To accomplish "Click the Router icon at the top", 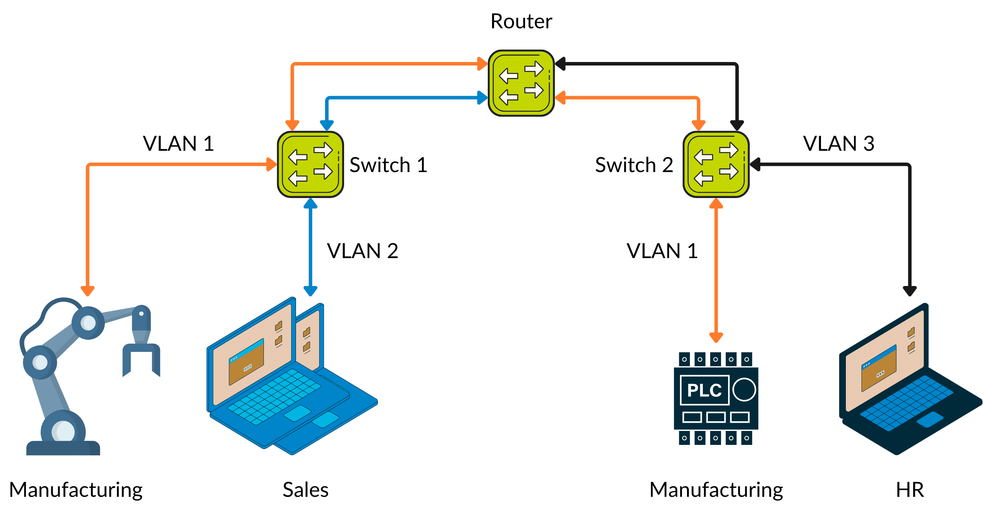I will pos(521,83).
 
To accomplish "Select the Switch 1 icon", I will pos(310,164).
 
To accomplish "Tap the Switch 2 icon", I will pos(716,164).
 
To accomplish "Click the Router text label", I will pos(521,21).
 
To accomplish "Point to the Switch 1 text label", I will pos(388,165).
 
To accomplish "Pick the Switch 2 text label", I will pos(634,165).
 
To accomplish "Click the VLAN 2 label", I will pos(362,251).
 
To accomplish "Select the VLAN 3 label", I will pos(838,144).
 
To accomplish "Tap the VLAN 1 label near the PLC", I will pos(662,251).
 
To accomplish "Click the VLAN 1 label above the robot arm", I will pos(178,144).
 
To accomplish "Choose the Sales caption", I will pos(305,489).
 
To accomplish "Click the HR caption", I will pos(910,489).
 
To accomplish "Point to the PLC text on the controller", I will pos(704,390).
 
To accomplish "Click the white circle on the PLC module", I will pos(744,390).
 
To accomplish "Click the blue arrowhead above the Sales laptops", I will pos(310,291).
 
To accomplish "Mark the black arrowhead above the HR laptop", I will pos(909,291).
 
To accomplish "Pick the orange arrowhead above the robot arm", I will pos(88,291).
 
